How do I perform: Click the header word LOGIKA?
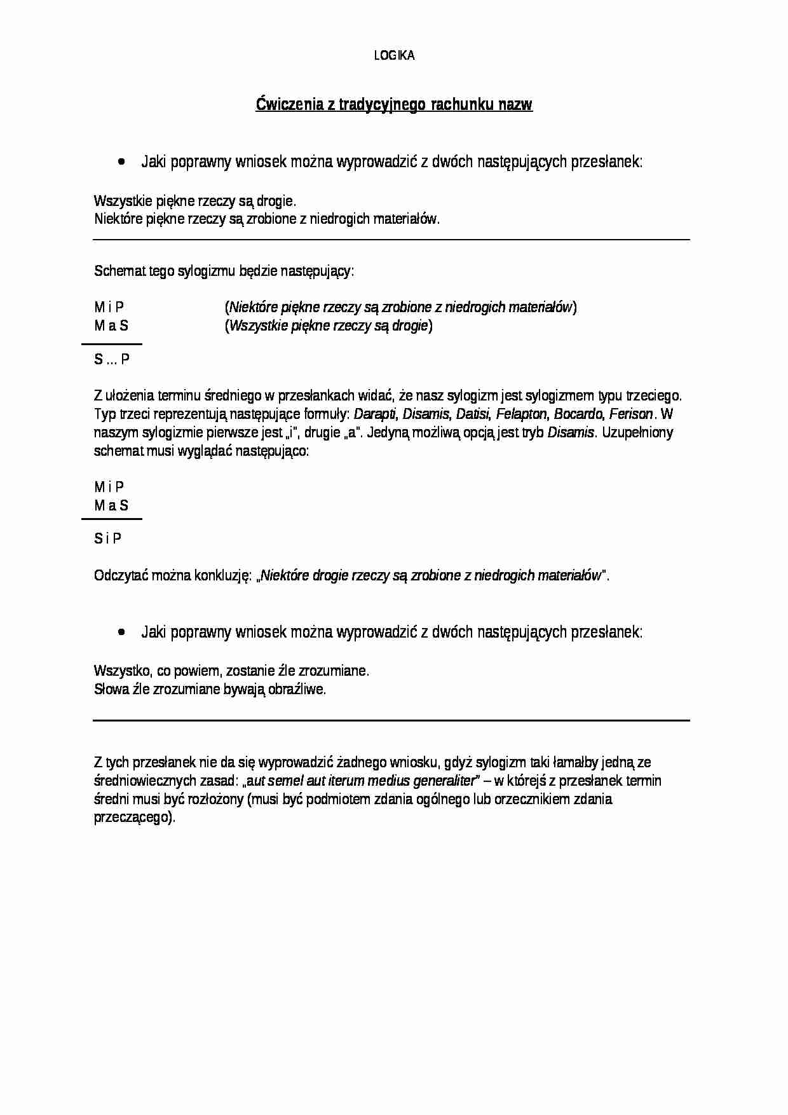[x=394, y=56]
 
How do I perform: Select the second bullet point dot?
[x=121, y=632]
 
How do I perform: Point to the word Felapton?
[x=521, y=414]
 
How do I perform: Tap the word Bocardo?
[x=578, y=414]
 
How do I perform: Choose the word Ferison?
[x=630, y=414]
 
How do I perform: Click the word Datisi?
[x=473, y=414]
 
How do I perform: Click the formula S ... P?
[x=112, y=360]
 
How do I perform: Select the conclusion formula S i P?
[x=108, y=539]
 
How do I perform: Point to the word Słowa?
[x=111, y=690]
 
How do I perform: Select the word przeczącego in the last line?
[x=133, y=818]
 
